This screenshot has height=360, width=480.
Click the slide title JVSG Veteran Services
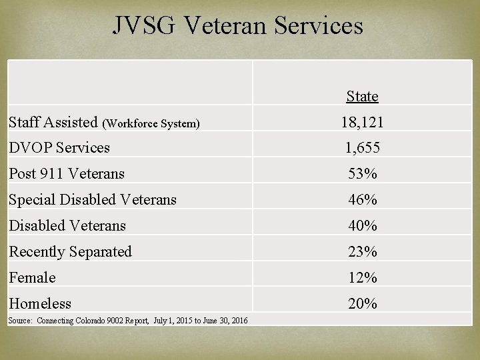tap(238, 25)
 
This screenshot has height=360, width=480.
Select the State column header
tap(362, 97)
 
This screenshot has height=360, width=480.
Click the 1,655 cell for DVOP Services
tap(362, 147)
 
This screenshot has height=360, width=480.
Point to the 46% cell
tap(362, 199)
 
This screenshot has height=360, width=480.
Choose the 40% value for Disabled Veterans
tap(362, 225)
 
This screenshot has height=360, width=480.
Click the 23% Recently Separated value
tap(362, 251)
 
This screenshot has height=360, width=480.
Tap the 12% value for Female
tap(362, 277)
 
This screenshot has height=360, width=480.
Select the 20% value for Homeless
tap(362, 303)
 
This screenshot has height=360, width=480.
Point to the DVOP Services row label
tap(59, 147)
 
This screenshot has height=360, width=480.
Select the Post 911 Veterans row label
tap(67, 173)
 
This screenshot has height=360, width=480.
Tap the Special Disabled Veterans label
tap(93, 199)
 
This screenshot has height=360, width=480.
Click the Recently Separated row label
tap(70, 251)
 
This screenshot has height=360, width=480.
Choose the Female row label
tap(32, 277)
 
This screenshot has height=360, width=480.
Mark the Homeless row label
tap(40, 303)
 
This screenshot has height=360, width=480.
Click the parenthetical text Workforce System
tap(151, 123)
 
